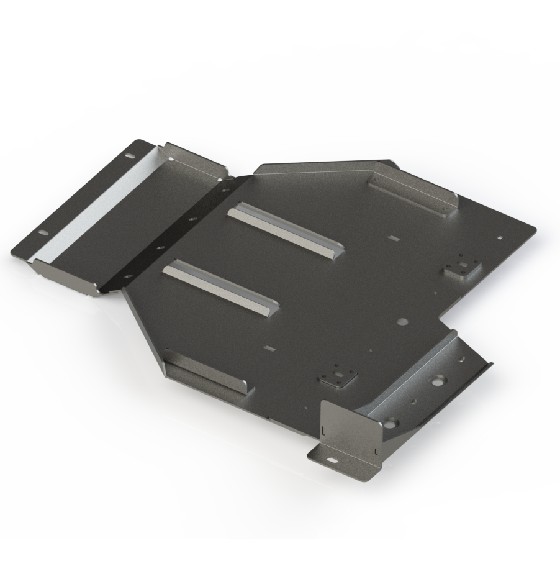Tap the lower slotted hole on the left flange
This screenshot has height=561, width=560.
[x=43, y=232]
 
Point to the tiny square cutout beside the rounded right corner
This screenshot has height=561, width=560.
[x=500, y=237]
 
